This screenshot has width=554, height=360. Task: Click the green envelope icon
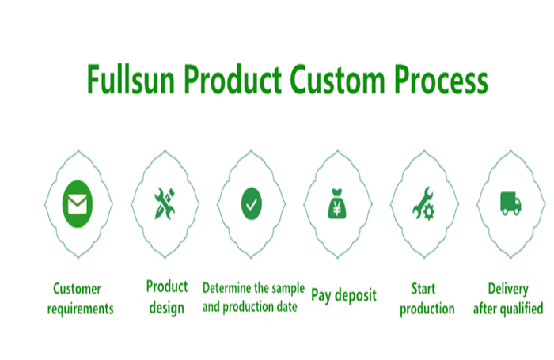tap(77, 205)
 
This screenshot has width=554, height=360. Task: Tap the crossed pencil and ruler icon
tap(165, 205)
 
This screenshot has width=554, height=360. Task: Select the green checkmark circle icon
tap(251, 205)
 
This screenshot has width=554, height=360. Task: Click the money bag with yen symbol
tap(338, 206)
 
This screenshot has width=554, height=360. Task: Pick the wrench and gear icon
tap(424, 206)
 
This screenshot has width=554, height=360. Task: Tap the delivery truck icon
tap(510, 205)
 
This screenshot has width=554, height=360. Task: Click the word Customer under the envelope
tap(77, 289)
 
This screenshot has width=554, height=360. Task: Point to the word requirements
tap(80, 309)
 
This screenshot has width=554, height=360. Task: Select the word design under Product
tap(166, 307)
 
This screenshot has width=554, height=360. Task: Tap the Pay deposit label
tap(343, 296)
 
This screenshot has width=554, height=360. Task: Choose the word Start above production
tap(424, 289)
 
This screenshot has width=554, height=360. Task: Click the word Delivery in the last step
tap(507, 289)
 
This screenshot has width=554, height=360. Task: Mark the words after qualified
tap(508, 309)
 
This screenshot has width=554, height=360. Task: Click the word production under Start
tap(427, 309)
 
